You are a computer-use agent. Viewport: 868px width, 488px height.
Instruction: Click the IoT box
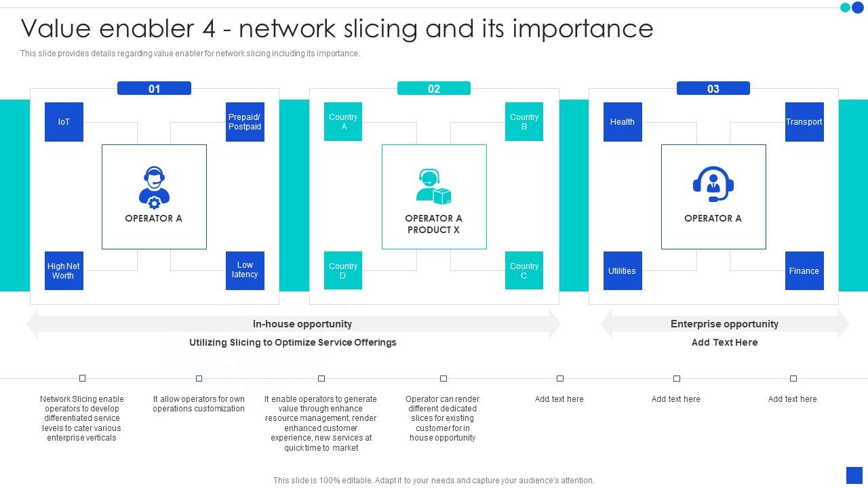(64, 122)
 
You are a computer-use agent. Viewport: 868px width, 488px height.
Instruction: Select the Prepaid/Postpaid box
(245, 122)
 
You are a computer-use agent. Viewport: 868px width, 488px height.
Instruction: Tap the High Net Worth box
(64, 271)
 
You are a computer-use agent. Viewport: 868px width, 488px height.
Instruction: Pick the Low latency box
(245, 270)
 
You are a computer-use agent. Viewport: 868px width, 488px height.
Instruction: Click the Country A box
(343, 122)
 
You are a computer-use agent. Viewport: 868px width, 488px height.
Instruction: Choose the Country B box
(524, 122)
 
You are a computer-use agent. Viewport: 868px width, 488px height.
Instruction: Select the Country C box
(524, 270)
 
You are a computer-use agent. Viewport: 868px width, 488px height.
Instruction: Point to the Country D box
(343, 270)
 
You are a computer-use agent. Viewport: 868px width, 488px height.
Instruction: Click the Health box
(623, 122)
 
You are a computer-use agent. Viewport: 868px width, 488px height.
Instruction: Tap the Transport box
(804, 122)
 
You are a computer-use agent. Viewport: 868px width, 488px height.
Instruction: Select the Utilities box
(623, 271)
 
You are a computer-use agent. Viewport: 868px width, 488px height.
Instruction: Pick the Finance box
(804, 271)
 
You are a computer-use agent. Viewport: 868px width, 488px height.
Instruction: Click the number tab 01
(155, 89)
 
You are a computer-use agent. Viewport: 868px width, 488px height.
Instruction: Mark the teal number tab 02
(434, 89)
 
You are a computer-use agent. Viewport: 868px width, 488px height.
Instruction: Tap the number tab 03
(713, 89)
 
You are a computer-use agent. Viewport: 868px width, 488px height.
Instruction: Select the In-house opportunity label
(302, 324)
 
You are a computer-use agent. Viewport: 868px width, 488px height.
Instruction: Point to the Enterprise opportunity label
(724, 324)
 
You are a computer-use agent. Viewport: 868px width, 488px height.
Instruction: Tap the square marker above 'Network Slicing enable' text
(83, 378)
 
